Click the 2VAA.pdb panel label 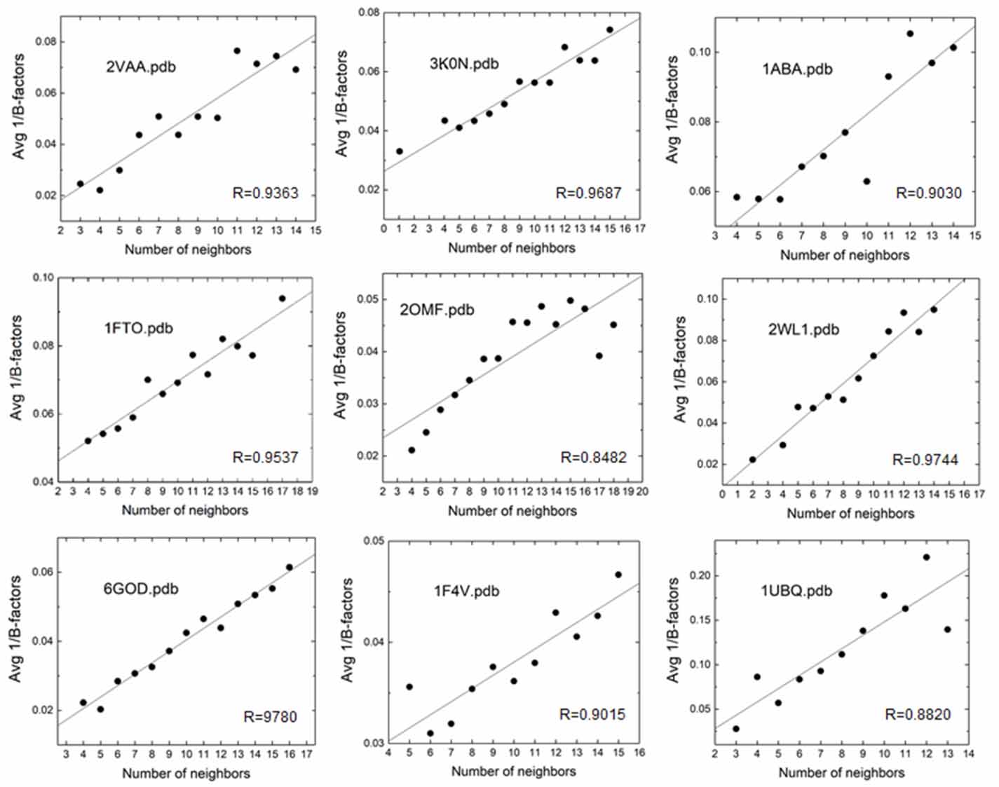click(x=141, y=67)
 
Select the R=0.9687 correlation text click(x=588, y=192)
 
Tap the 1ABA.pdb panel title click(x=797, y=69)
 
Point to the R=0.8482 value click(x=593, y=458)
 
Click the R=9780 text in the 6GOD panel click(x=270, y=716)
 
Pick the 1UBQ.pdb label click(x=796, y=590)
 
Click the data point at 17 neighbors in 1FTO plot click(x=282, y=299)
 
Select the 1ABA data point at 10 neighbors click(x=867, y=181)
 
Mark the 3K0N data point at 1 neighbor click(x=400, y=151)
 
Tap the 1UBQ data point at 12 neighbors click(x=926, y=557)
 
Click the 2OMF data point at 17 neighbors click(x=599, y=356)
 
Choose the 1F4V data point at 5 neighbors click(x=409, y=687)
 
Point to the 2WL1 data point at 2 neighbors click(x=752, y=460)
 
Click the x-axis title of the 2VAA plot click(x=187, y=249)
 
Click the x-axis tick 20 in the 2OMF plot click(x=642, y=491)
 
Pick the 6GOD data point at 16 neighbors click(x=290, y=567)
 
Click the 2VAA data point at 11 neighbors click(x=237, y=50)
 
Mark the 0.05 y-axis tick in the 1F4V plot click(x=372, y=541)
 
